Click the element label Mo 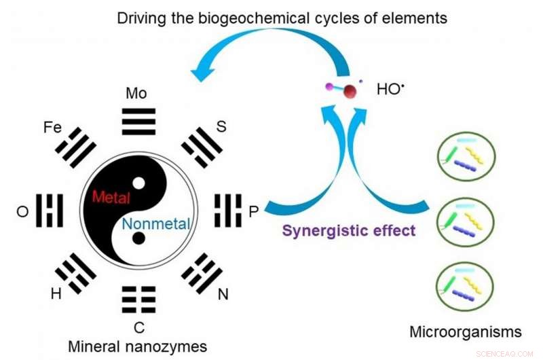[136, 93]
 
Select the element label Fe [54, 126]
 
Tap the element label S [221, 126]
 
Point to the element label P [253, 212]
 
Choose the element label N [222, 295]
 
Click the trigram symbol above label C [138, 299]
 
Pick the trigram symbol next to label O [50, 211]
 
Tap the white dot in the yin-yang [138, 183]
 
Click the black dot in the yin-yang [138, 238]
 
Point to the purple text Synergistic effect [349, 230]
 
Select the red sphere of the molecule [349, 92]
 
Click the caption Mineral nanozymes [137, 346]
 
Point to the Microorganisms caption [466, 332]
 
